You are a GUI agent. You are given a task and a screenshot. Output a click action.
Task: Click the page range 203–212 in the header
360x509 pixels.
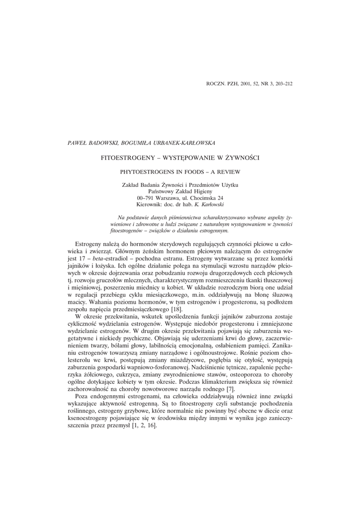282,83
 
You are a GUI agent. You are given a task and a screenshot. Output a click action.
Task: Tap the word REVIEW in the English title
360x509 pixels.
229,171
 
